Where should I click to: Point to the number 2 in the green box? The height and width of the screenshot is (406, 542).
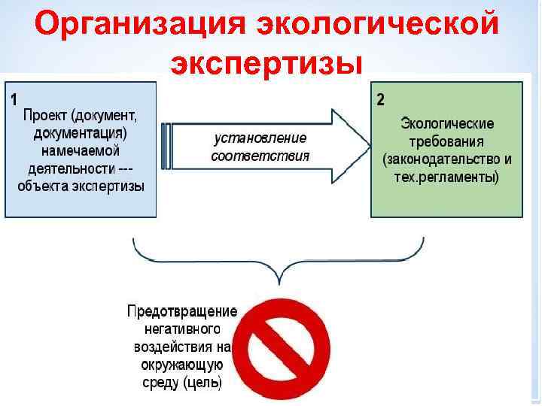click(x=380, y=98)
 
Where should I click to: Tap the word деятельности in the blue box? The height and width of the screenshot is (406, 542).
click(x=71, y=168)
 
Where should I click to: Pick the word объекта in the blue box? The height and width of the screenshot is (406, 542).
click(x=47, y=186)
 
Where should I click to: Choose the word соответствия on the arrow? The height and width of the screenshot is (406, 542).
click(x=260, y=156)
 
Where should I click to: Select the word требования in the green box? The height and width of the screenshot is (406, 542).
click(x=447, y=141)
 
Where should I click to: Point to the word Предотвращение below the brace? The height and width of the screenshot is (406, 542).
click(x=181, y=311)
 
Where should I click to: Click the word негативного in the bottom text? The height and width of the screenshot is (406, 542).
click(x=181, y=329)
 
